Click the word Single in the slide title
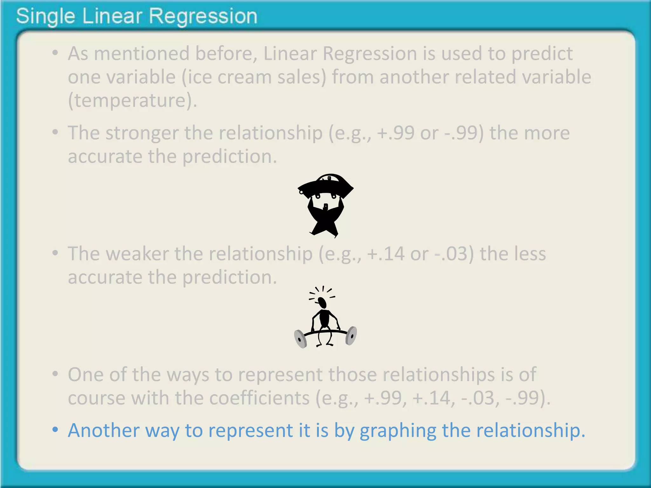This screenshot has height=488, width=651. pos(45,17)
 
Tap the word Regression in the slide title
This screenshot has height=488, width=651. pos(203,17)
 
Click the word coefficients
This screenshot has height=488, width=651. pos(259,398)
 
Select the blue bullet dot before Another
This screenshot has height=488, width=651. pos(55,430)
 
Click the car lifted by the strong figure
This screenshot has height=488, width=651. pos(325,186)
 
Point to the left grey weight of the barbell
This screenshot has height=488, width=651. pos(300,339)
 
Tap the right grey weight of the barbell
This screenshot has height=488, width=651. pos(351,335)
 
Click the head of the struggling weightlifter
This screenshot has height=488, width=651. pos(322,302)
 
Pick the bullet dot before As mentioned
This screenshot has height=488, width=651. pos(55,53)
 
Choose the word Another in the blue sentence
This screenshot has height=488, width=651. pos(104,430)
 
